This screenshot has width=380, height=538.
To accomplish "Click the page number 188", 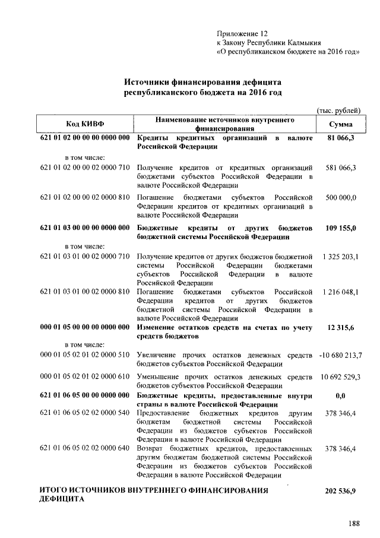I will (x=354, y=524).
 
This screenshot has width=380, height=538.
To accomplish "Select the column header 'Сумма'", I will (x=341, y=124).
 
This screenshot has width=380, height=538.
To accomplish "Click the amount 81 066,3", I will (x=341, y=139).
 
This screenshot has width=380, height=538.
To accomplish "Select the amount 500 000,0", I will (x=341, y=197).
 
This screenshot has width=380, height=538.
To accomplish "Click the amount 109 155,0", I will (x=341, y=228).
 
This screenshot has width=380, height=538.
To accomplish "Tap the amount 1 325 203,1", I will (x=341, y=256).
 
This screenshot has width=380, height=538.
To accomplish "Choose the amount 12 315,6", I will (x=341, y=328).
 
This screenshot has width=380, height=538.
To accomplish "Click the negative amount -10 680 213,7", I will (x=341, y=355).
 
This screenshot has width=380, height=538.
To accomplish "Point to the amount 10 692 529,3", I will (x=341, y=377).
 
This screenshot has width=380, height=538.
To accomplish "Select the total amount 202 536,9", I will (x=341, y=491).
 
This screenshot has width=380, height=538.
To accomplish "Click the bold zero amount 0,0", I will (x=341, y=395).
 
